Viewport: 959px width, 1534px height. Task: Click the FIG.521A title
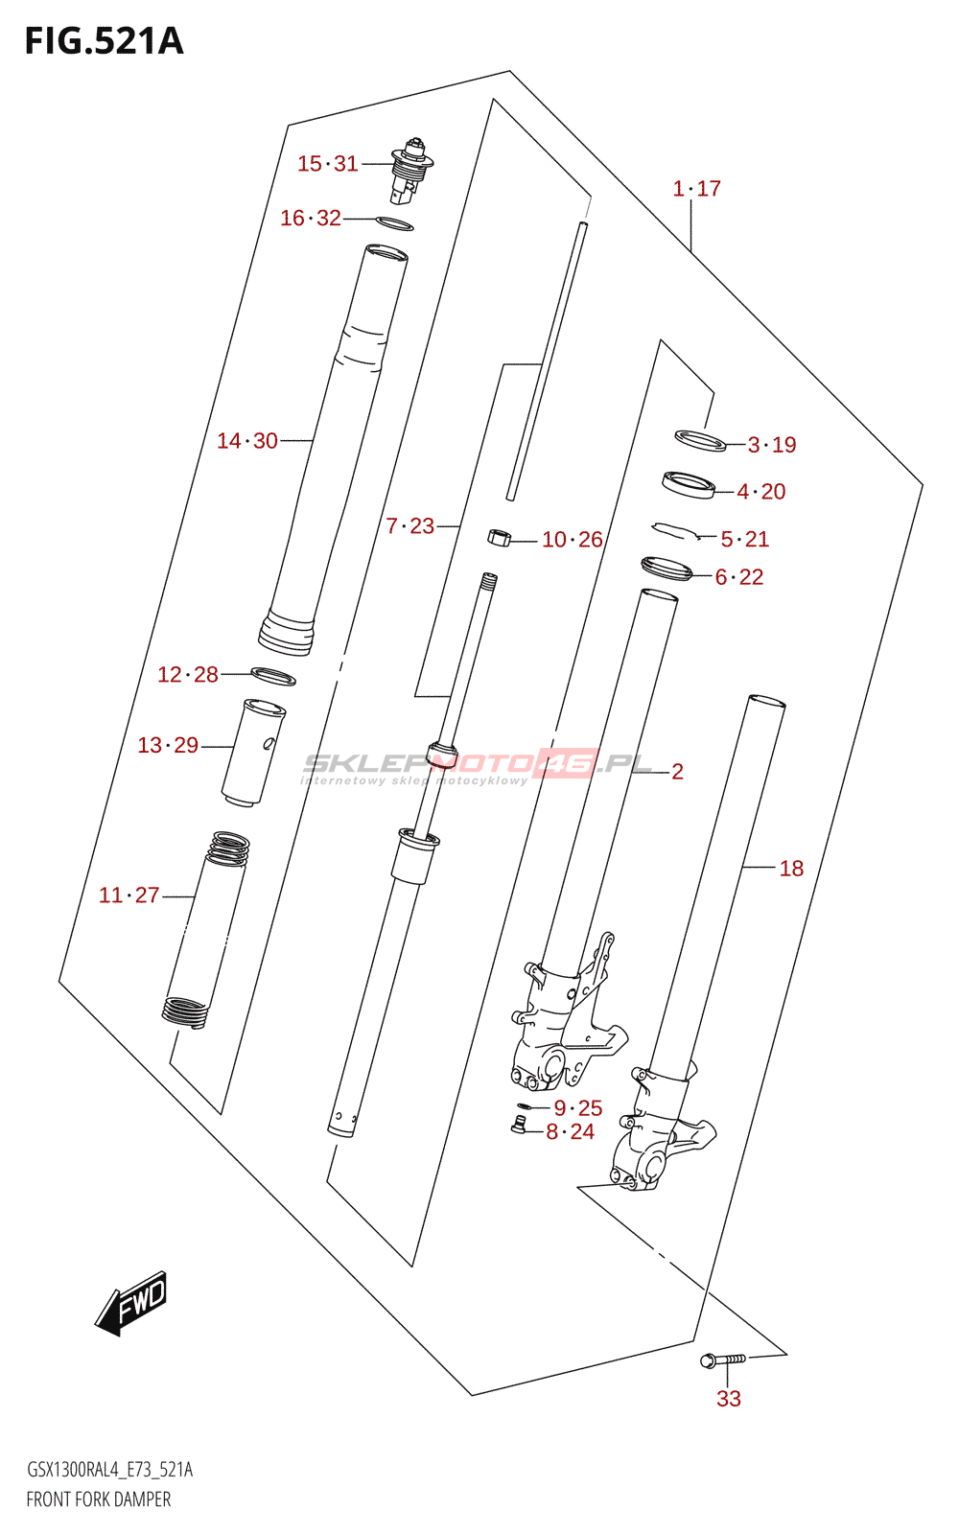click(104, 41)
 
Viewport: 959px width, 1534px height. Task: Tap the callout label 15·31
click(327, 164)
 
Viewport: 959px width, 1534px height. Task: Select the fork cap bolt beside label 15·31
click(410, 173)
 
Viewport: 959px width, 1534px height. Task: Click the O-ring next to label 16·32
click(393, 224)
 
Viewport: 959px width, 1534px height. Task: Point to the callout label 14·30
click(247, 441)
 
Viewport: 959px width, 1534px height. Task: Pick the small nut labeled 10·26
click(498, 537)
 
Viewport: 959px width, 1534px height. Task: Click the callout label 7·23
click(410, 525)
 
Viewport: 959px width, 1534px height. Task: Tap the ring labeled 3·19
click(700, 440)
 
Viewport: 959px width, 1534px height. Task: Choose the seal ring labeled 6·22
click(667, 569)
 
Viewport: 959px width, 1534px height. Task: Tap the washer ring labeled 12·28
click(273, 676)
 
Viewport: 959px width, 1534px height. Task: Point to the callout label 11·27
click(129, 895)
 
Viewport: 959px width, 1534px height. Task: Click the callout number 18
click(791, 869)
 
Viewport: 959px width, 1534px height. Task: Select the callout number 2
click(677, 772)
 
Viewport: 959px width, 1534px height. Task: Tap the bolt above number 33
click(721, 1360)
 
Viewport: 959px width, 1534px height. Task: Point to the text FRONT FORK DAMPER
click(99, 1499)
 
